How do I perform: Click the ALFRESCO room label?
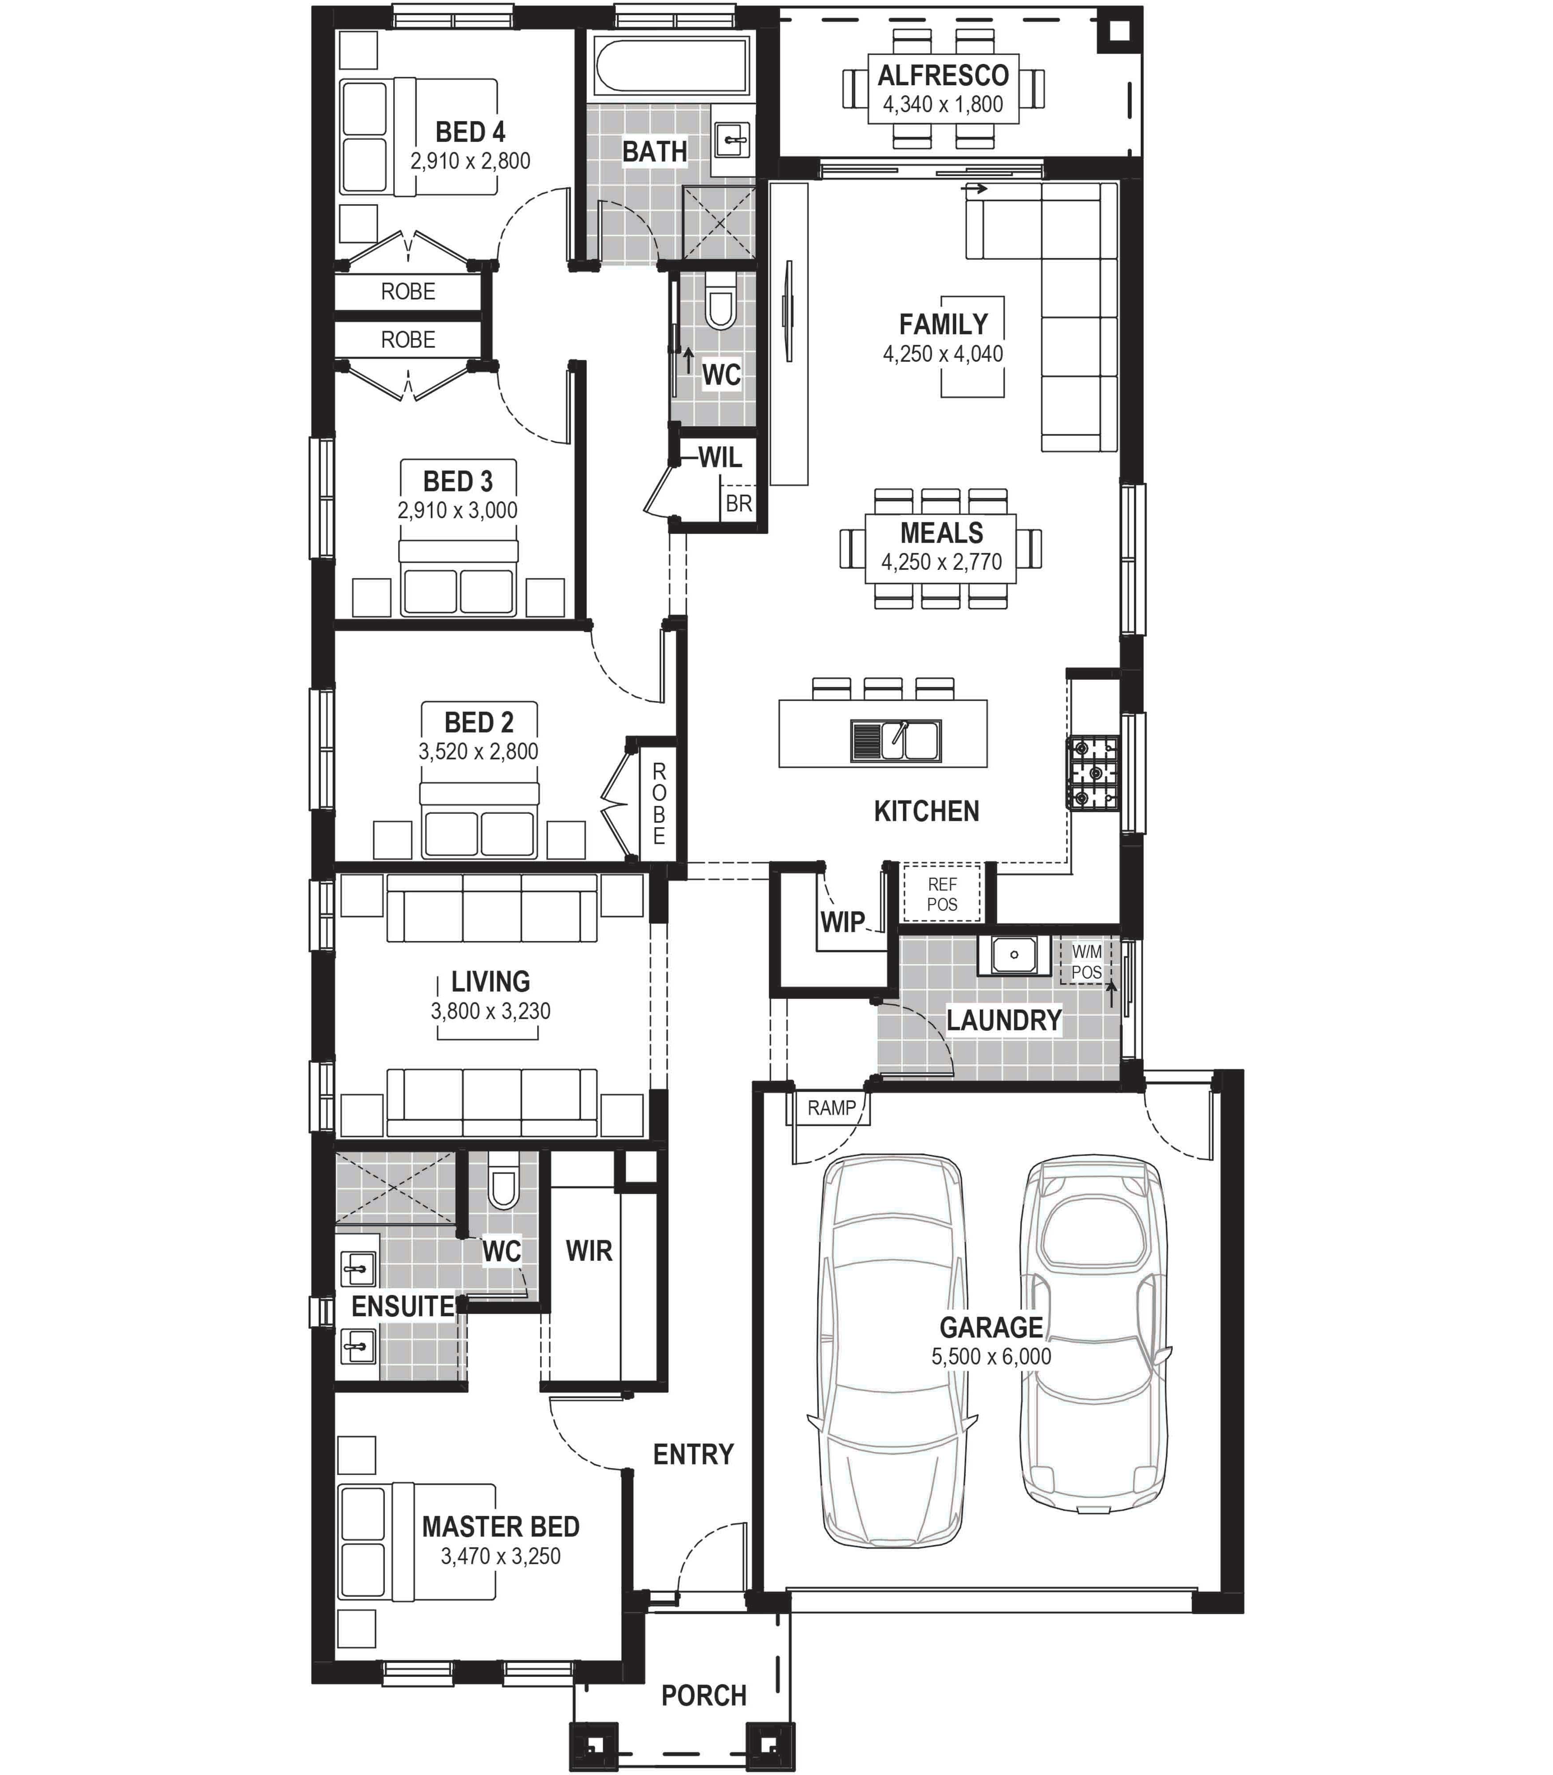click(x=943, y=76)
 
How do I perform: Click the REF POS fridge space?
click(x=942, y=894)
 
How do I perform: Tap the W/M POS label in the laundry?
click(x=1087, y=962)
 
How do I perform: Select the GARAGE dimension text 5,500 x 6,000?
click(x=991, y=1357)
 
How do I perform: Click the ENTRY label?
click(x=693, y=1454)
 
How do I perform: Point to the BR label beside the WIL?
click(x=738, y=504)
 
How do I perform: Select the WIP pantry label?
click(x=842, y=922)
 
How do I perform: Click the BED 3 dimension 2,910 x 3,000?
click(x=457, y=510)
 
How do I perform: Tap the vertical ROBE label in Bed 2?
click(x=659, y=804)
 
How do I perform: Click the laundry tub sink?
click(x=1008, y=955)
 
